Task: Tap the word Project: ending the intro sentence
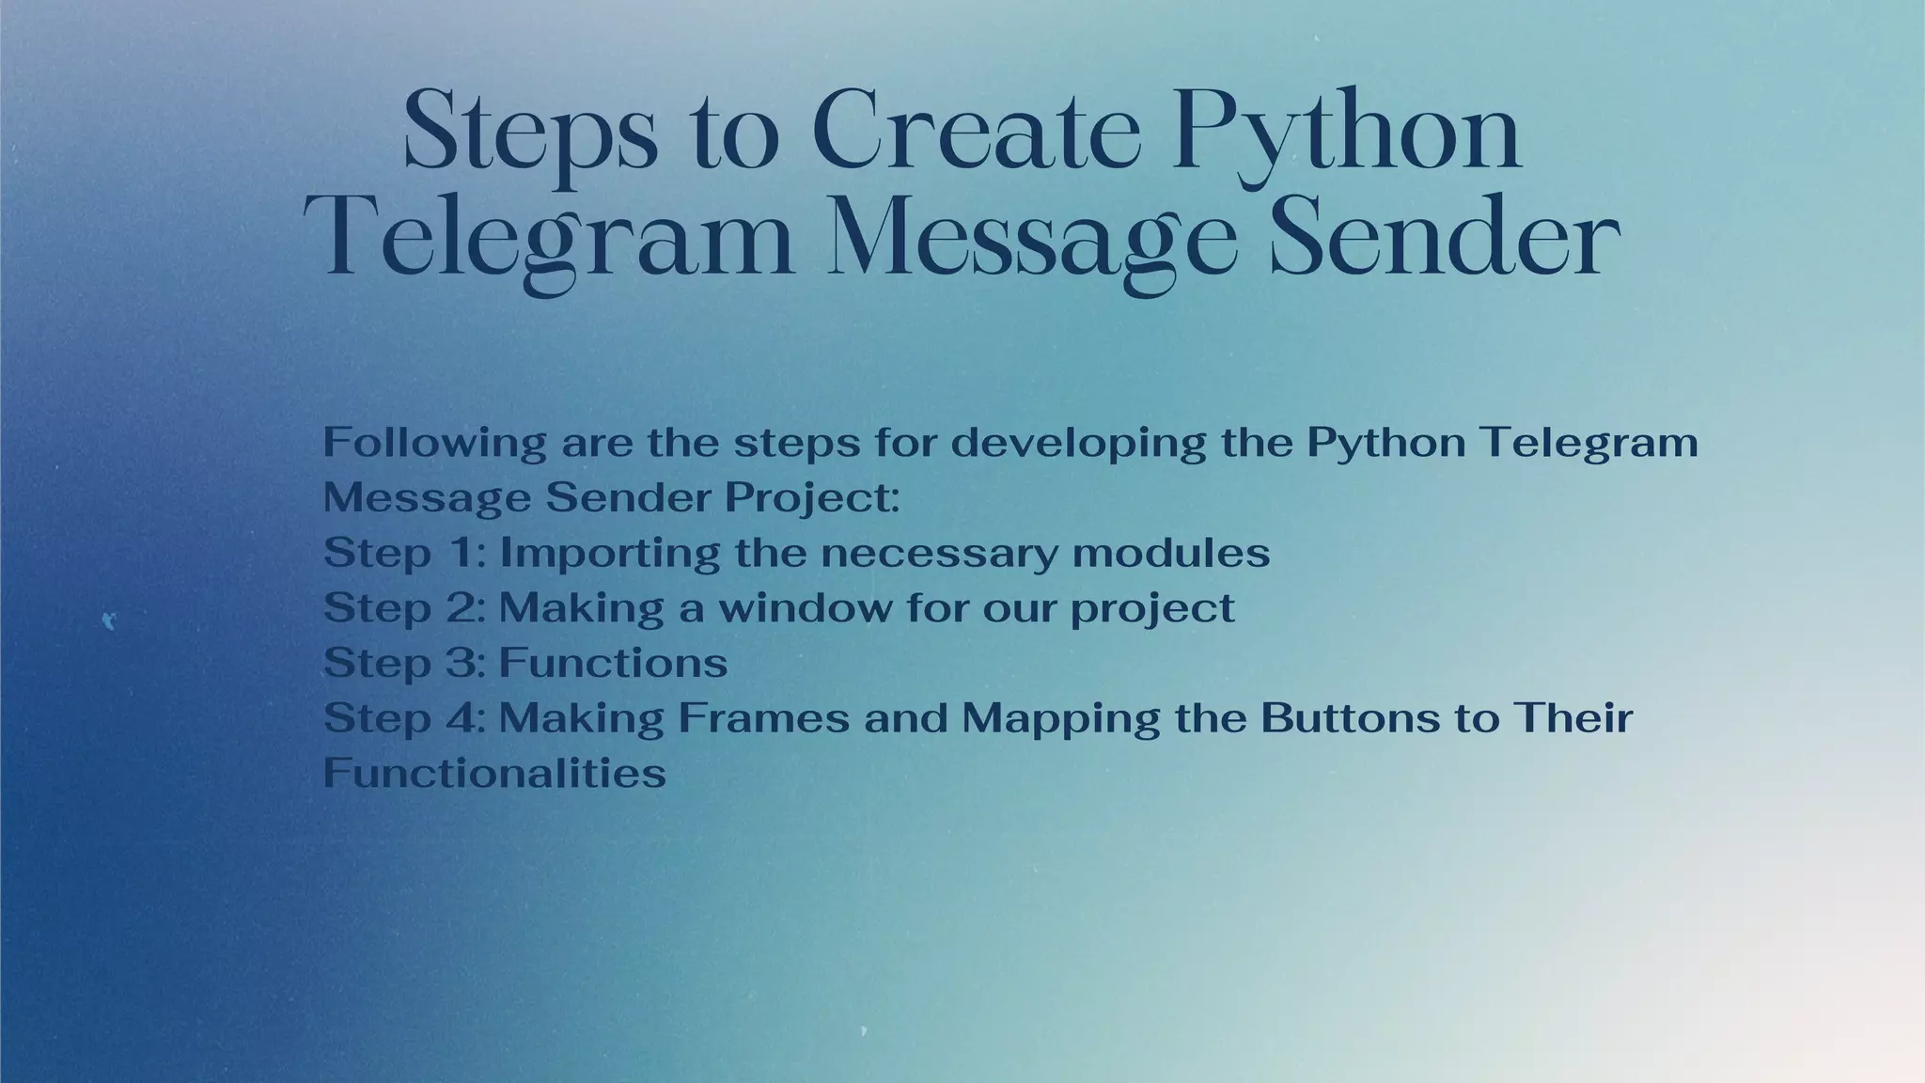(812, 498)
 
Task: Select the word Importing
(610, 554)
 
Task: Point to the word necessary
(940, 553)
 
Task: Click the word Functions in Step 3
(613, 663)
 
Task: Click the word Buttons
(1340, 718)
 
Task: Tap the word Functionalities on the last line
(494, 774)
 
